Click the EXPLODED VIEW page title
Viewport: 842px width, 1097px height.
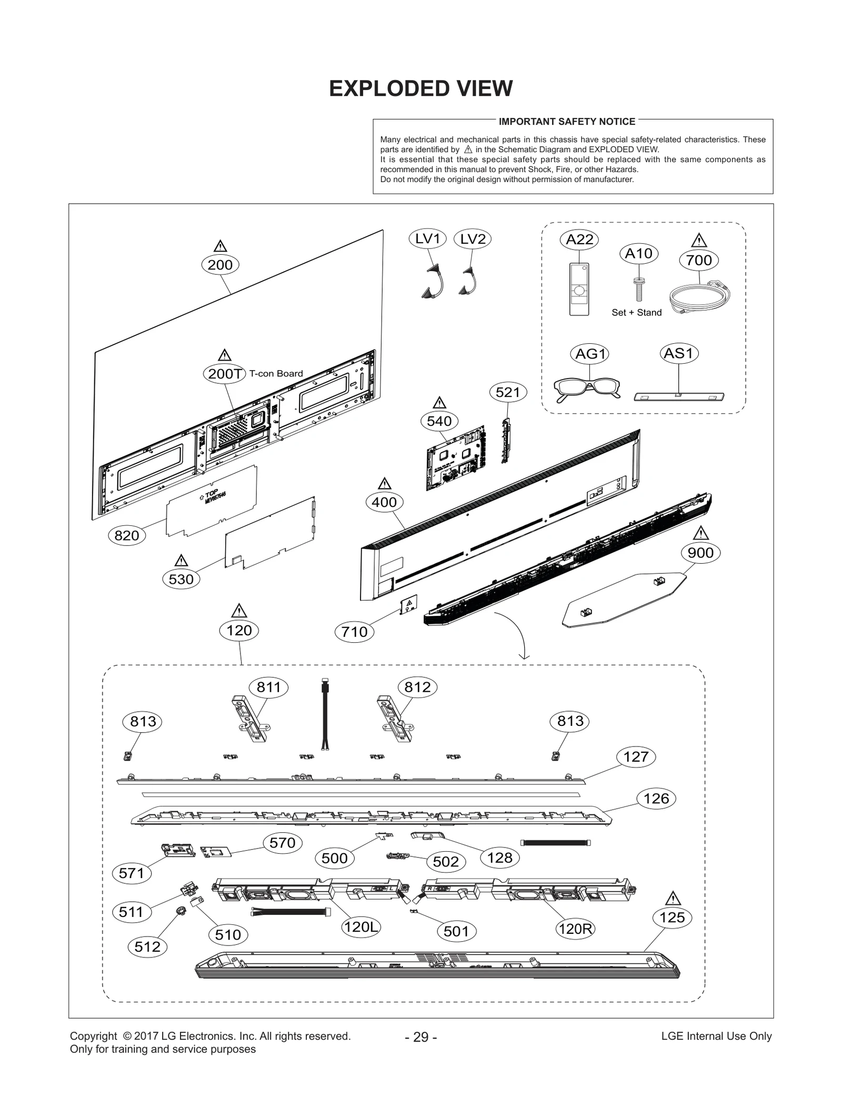[420, 88]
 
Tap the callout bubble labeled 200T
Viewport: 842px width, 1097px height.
[225, 373]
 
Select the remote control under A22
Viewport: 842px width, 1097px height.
[579, 289]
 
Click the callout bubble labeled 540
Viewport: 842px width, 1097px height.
[439, 421]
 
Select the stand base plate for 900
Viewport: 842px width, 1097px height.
[624, 600]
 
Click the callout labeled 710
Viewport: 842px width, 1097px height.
[354, 631]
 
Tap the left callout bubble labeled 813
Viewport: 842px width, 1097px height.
[143, 721]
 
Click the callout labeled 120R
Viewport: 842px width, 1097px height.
[575, 929]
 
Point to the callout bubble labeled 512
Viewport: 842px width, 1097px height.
[147, 946]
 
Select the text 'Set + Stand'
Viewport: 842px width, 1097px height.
[636, 312]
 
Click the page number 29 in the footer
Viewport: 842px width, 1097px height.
[420, 1036]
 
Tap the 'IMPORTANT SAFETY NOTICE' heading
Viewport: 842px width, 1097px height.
[567, 122]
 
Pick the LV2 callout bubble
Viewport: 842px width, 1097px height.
[472, 239]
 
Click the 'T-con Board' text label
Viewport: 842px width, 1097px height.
[276, 373]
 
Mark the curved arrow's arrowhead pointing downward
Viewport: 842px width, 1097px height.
[524, 656]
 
